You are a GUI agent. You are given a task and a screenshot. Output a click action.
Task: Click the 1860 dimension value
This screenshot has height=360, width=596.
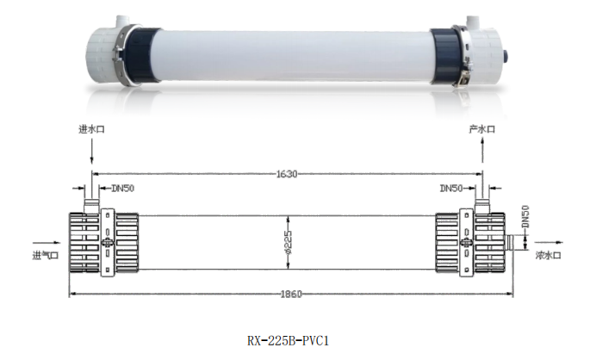(x=290, y=295)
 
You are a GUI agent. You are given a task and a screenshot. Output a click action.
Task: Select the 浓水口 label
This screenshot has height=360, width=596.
(x=549, y=256)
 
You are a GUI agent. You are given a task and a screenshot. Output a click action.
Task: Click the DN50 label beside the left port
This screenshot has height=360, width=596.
(x=121, y=189)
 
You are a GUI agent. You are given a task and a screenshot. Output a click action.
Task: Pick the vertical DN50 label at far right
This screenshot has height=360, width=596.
(x=526, y=217)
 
